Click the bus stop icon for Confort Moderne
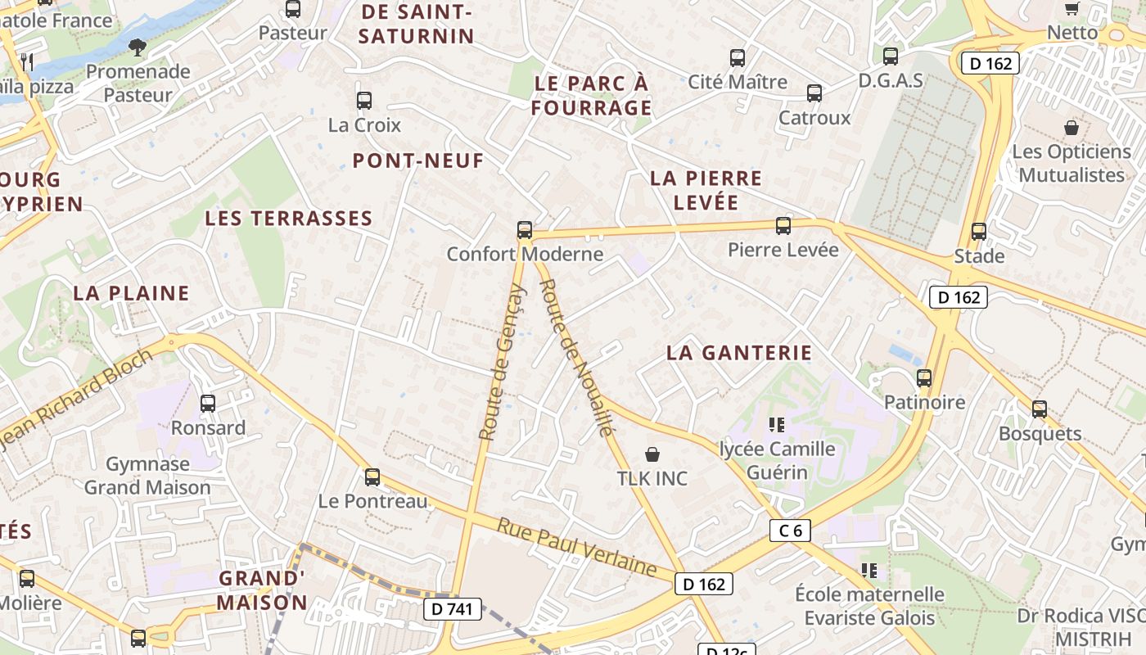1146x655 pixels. (525, 230)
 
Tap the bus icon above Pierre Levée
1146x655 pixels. (783, 225)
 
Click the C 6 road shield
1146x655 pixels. (790, 531)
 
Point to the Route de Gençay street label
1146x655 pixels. (501, 362)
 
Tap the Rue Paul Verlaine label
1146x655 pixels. (577, 547)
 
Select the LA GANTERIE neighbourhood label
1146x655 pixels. (739, 353)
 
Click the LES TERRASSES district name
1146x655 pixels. (289, 219)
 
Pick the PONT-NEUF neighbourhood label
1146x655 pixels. (418, 160)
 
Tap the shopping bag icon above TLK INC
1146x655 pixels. (652, 454)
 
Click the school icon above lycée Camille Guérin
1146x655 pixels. (777, 424)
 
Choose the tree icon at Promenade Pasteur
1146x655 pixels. (138, 47)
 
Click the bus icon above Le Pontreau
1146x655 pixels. (372, 477)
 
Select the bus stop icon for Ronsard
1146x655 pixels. (208, 403)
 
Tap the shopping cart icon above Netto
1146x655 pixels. (1072, 8)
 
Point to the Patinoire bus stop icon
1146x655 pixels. (924, 377)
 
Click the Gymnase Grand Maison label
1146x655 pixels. (147, 476)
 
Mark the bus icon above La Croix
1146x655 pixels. (364, 101)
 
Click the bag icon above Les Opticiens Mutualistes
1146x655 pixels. (1071, 128)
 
